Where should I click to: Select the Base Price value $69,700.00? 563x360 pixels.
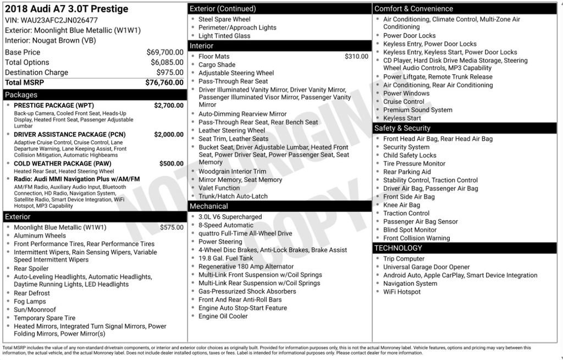pos(165,52)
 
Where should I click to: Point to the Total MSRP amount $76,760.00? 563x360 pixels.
pos(164,82)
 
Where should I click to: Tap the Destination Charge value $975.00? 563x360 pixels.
pos(170,73)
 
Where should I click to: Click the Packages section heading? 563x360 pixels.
pos(21,95)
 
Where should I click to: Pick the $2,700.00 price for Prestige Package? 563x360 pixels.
pos(169,106)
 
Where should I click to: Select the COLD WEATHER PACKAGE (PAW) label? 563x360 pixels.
pos(63,164)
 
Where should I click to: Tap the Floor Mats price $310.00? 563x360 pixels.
pos(356,57)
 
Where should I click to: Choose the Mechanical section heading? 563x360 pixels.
pos(208,206)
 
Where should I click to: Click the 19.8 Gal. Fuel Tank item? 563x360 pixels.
pos(226,258)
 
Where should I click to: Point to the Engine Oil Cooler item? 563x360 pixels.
pos(223,316)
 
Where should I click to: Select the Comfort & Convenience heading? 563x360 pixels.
pos(413,8)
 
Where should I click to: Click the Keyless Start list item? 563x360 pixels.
pos(402,118)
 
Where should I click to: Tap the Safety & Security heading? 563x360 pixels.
pos(402,128)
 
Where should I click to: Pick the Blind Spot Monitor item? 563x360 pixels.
pos(410,230)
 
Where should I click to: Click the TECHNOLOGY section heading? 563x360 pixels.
pos(398,248)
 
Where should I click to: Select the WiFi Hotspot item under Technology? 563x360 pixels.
pos(402,292)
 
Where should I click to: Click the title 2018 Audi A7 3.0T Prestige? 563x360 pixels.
pos(67,9)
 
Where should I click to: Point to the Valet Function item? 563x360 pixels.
pos(219,188)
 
